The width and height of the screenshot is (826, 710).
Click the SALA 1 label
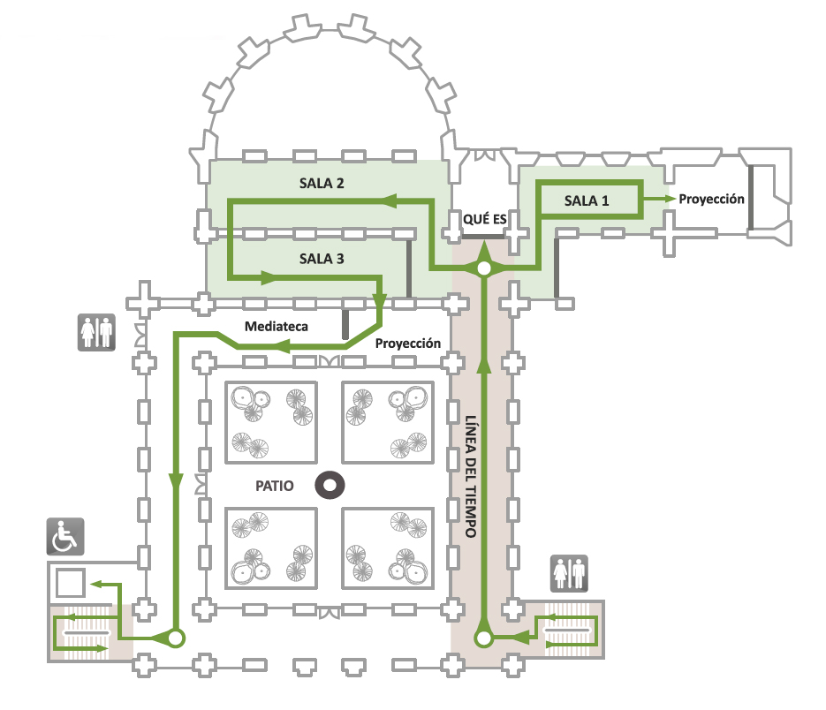[587, 200]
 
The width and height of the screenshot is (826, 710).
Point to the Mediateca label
[277, 327]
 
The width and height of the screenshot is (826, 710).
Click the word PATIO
[274, 485]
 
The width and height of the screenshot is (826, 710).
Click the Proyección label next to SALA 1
[711, 199]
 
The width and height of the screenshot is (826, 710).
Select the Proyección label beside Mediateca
[407, 343]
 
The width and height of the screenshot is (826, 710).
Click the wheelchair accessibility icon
[64, 536]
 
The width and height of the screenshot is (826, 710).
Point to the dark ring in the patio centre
[331, 485]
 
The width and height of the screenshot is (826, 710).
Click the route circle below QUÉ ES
[484, 268]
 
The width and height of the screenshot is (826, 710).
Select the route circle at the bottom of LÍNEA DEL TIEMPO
[484, 637]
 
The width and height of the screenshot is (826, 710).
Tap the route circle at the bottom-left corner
[175, 637]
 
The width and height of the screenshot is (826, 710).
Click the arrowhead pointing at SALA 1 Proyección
[669, 199]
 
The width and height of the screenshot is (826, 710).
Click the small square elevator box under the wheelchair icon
[69, 583]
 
